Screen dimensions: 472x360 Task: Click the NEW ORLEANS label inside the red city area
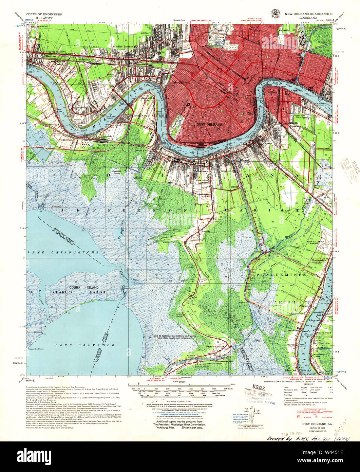[209, 125]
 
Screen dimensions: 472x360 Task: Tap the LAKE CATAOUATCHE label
[50, 253]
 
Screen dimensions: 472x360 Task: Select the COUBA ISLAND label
[84, 287]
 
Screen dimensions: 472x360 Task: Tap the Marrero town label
[229, 171]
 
